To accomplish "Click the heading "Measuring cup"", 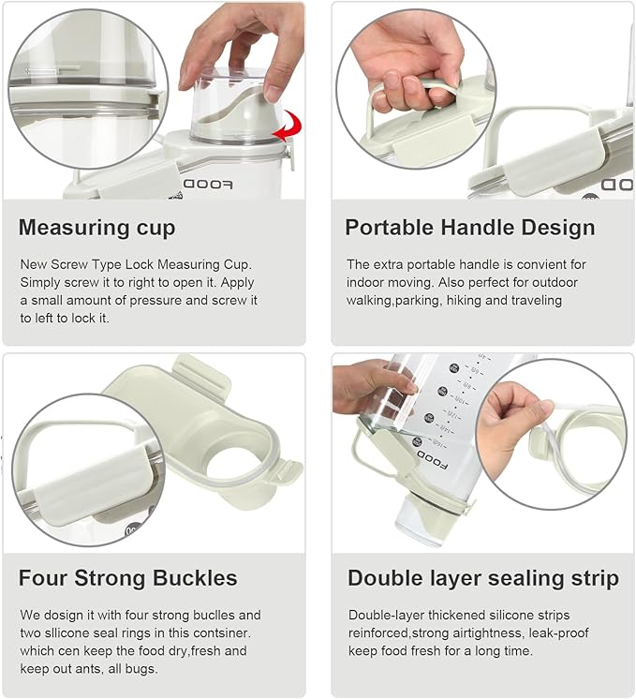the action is [96, 228].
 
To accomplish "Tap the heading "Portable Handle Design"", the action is [470, 228].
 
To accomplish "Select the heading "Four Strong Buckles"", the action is [128, 578].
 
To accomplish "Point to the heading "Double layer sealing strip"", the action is [483, 578].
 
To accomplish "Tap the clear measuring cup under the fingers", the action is [235, 106].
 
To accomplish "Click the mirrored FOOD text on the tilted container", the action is [433, 460].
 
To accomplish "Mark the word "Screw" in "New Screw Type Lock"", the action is [69, 265].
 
